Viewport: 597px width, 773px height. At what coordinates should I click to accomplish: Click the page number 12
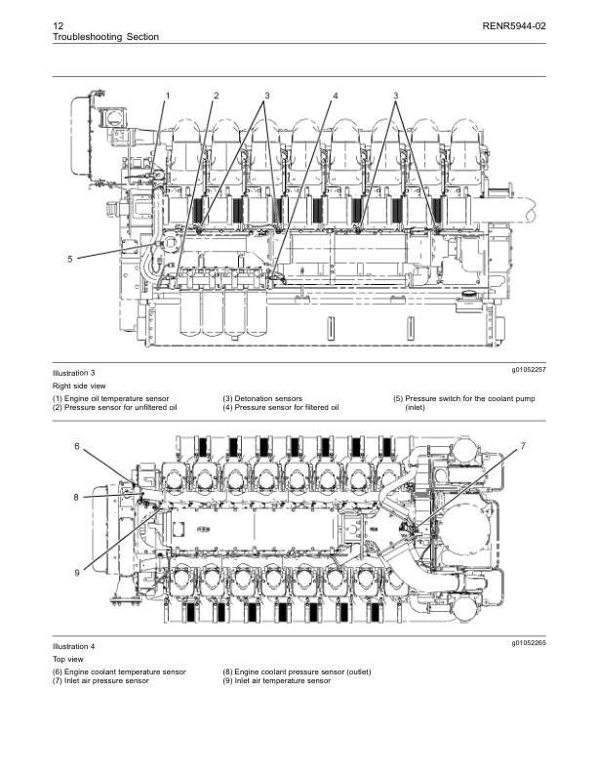tap(58, 24)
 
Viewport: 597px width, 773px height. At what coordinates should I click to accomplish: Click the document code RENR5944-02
tap(513, 24)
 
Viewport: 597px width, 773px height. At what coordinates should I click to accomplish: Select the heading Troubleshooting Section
tap(105, 37)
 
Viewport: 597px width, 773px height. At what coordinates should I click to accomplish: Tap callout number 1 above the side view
tap(168, 96)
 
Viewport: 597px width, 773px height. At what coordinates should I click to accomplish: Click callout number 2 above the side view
tap(216, 96)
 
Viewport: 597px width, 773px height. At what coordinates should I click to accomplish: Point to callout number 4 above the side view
tap(335, 96)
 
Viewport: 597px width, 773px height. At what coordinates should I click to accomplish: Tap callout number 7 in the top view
tap(523, 446)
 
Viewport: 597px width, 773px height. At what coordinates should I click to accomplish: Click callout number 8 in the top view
tap(76, 497)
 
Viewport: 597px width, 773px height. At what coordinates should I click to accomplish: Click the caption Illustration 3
tap(74, 374)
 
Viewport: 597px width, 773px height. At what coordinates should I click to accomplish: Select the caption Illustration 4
tap(74, 647)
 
